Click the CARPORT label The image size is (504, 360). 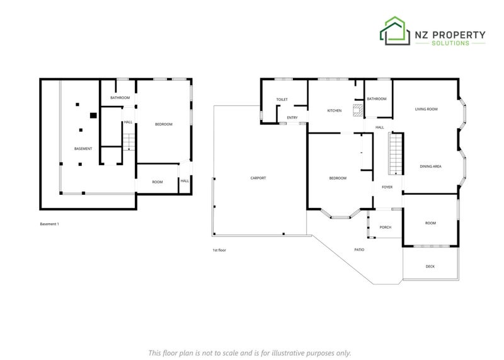[x=258, y=178]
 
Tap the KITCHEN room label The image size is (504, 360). [x=335, y=111]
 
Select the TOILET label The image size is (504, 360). [x=282, y=100]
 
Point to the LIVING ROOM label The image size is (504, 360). [x=427, y=109]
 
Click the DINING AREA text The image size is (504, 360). [x=430, y=166]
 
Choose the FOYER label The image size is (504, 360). [x=387, y=187]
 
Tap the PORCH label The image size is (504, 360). [x=386, y=228]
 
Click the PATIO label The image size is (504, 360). [x=359, y=250]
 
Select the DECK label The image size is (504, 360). [x=430, y=267]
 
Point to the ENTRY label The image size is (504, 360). [x=292, y=118]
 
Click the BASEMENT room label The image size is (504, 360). [x=83, y=149]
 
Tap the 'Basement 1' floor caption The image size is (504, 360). [x=50, y=224]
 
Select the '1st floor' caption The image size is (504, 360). [x=219, y=250]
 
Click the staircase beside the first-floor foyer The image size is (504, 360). [x=396, y=154]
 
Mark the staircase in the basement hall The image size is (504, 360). [x=129, y=142]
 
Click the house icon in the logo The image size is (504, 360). [x=395, y=31]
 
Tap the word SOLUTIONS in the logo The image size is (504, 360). [x=450, y=43]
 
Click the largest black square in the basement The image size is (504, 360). [x=93, y=115]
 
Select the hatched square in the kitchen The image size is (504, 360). [x=357, y=110]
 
